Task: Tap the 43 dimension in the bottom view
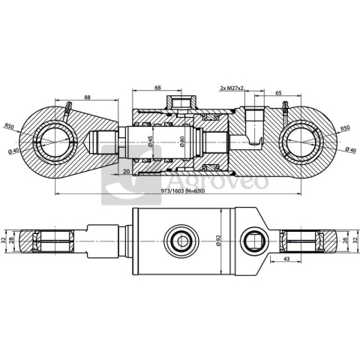pos(288,259)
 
